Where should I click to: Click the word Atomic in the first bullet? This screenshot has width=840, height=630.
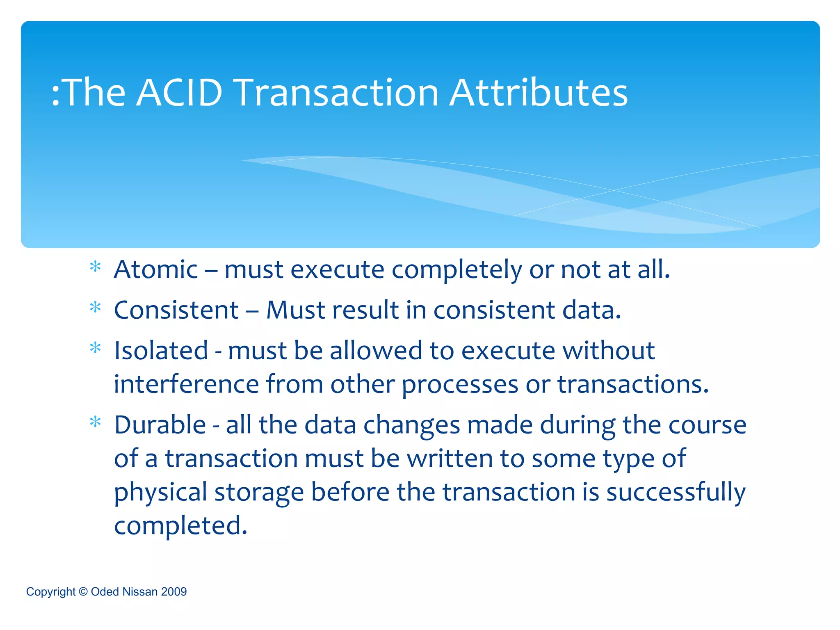point(156,270)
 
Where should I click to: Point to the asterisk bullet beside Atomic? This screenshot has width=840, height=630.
point(95,267)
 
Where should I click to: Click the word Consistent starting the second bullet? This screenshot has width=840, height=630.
point(176,310)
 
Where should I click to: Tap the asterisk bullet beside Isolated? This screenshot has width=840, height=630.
point(95,349)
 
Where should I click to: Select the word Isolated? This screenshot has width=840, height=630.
point(161,351)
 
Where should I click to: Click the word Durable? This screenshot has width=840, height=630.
point(160,425)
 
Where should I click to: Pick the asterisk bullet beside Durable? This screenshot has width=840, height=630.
point(95,422)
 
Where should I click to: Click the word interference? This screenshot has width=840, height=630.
point(186,385)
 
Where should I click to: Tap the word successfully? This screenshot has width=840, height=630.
point(676,492)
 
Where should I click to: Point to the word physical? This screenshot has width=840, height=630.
point(160,492)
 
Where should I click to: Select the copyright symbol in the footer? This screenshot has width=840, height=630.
point(83,591)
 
